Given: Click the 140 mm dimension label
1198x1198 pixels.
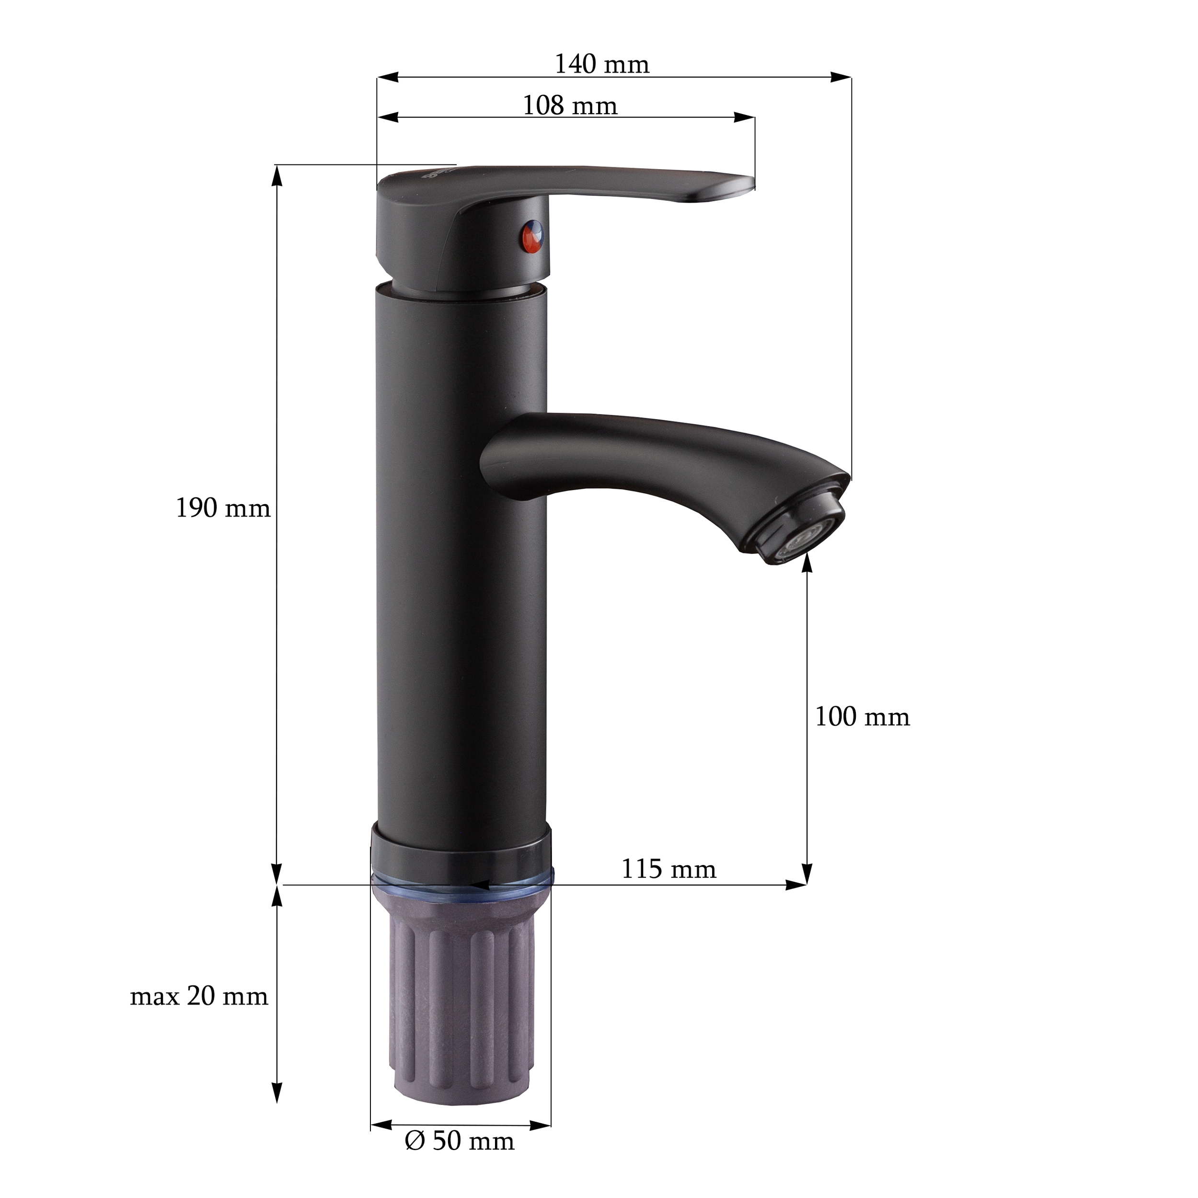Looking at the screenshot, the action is pos(601,65).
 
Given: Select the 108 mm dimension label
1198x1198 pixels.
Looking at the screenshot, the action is pos(570,105).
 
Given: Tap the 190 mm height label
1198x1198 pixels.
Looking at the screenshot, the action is pos(223,508).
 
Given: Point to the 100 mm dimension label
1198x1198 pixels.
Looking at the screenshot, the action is pos(862,717).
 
